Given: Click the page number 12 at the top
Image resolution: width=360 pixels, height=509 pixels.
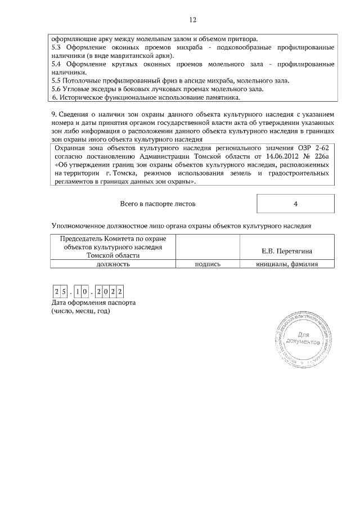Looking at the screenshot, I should pos(192,20).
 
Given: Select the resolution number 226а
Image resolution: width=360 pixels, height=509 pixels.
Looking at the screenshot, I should pos(322,156).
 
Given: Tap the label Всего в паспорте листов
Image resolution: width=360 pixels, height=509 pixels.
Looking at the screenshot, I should pos(158,203).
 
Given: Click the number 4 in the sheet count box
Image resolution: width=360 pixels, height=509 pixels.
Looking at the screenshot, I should pos(295,204).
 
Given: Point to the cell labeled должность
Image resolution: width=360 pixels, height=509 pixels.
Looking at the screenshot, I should pos(114,263).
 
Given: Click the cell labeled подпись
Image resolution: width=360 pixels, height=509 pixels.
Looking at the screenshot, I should pos(207,263).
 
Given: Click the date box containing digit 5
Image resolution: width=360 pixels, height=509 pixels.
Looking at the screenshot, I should pos(66,292).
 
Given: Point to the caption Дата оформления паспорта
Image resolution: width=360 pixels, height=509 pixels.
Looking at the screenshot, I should pos(93,303).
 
